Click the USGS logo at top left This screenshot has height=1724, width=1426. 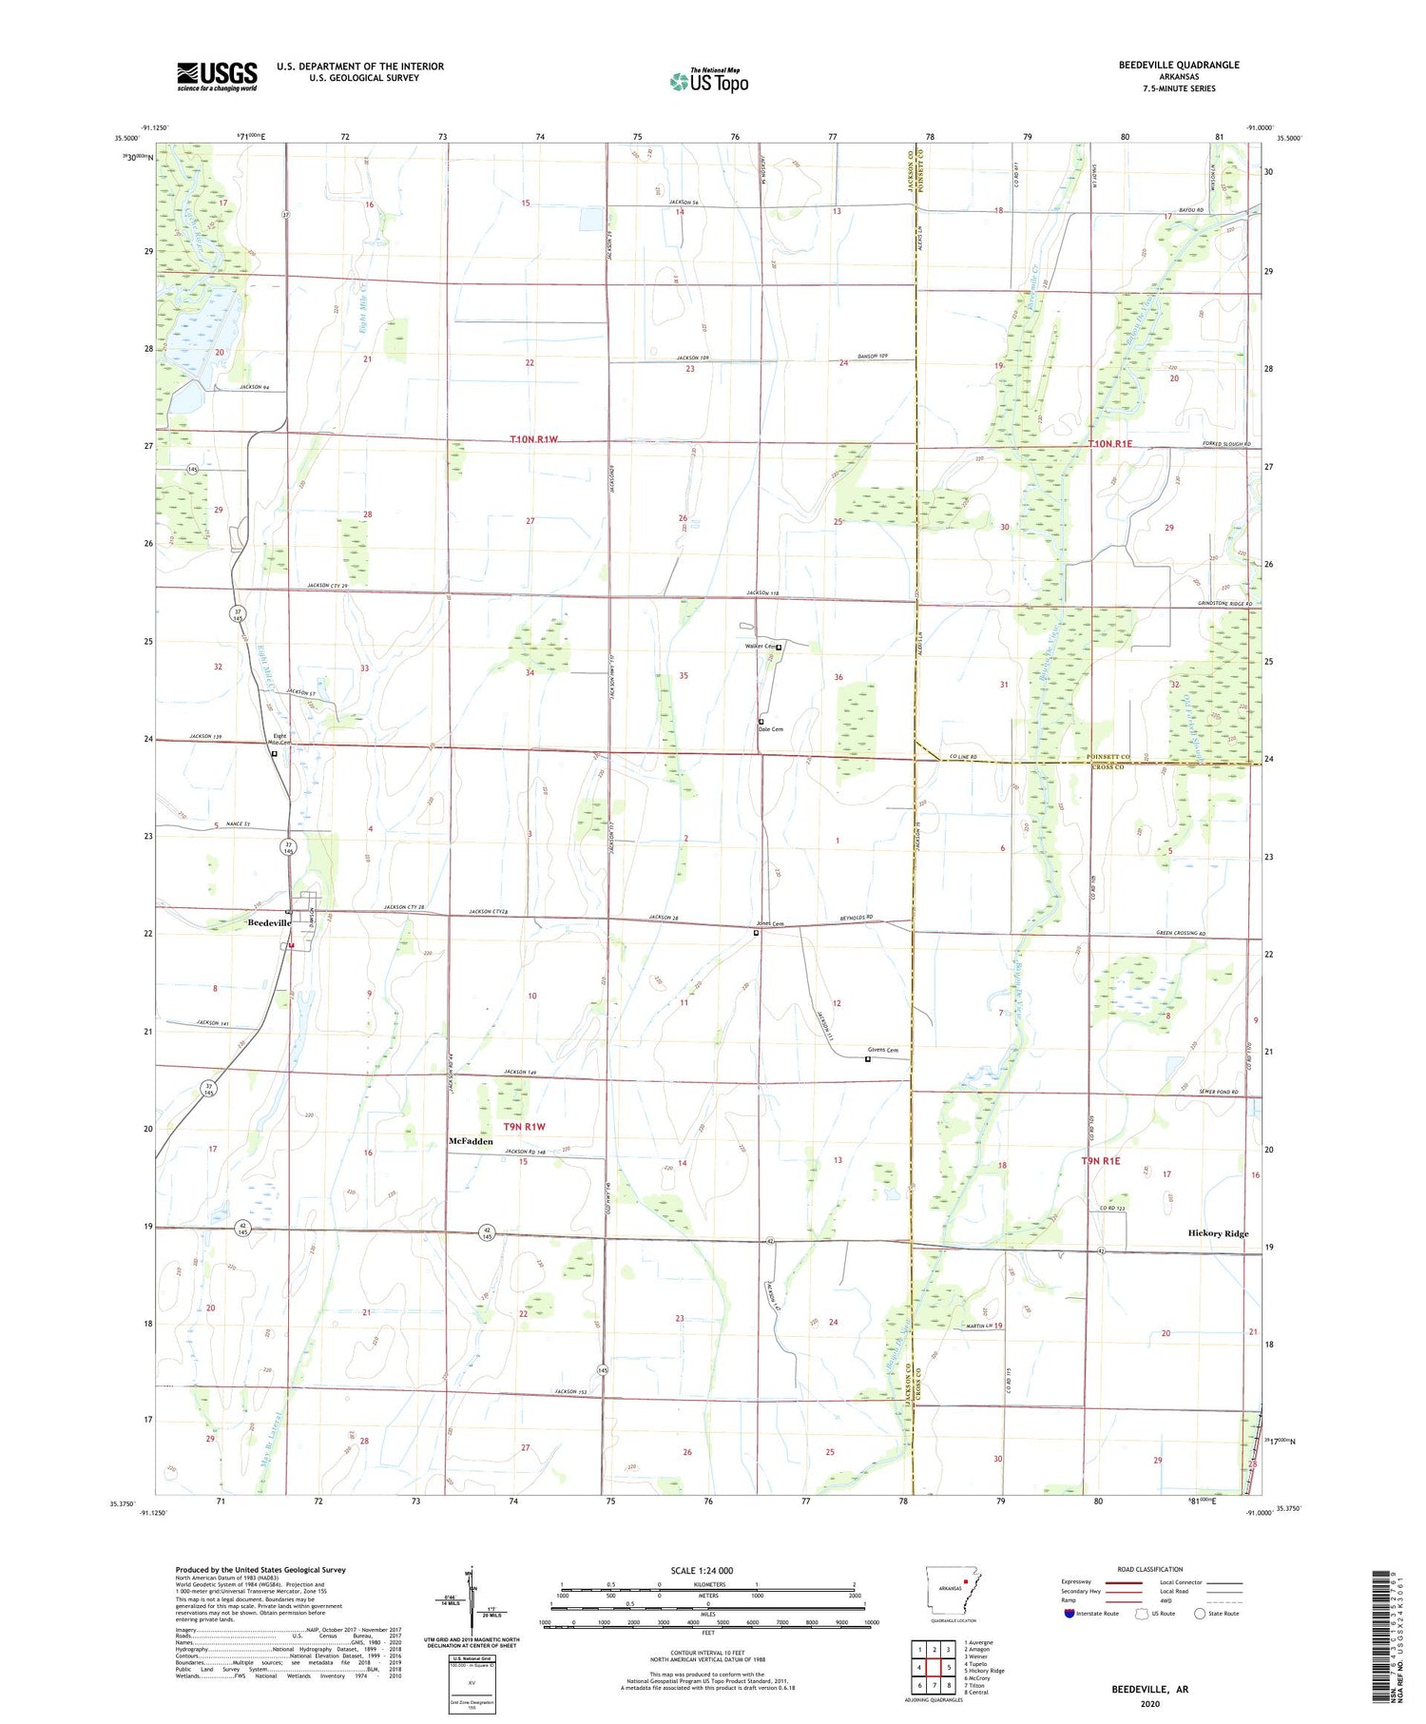point(217,76)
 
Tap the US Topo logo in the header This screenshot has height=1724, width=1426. point(709,82)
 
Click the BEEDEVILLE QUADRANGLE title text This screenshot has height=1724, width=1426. point(1179,65)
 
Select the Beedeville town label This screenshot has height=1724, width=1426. point(268,923)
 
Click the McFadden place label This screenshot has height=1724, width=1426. point(471,1141)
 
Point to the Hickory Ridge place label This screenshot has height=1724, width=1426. point(1218,1233)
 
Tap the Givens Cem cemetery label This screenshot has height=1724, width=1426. point(882,1050)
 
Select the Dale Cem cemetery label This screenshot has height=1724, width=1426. point(771,729)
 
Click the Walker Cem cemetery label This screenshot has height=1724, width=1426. point(761,647)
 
